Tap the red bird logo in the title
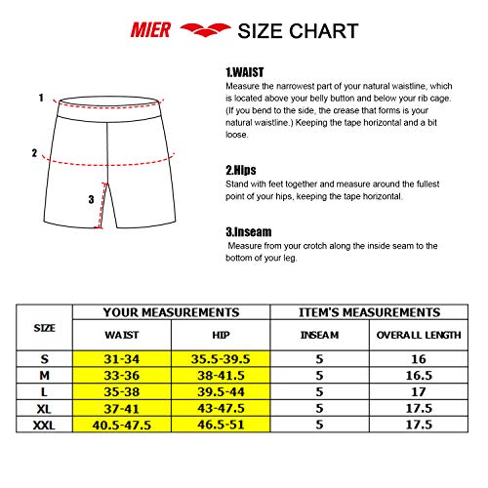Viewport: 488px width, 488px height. [202, 30]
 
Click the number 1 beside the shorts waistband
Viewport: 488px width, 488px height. [41, 98]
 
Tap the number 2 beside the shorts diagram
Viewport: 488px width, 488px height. [34, 152]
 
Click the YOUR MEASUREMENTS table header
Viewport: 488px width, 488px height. [171, 312]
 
